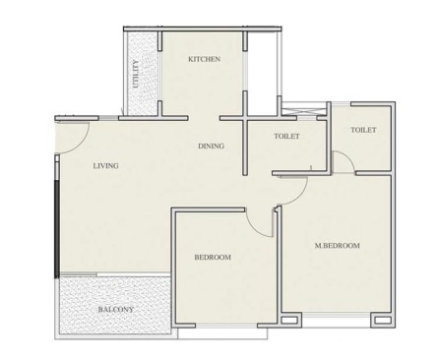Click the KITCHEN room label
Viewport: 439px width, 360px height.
(204, 60)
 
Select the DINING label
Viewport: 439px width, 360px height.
(211, 147)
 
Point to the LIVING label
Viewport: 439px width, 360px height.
(105, 166)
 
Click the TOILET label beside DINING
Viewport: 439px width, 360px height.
(286, 137)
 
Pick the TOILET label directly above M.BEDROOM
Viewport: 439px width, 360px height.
(363, 130)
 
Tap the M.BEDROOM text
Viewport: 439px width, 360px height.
(337, 245)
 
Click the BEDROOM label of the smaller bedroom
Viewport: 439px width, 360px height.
(212, 258)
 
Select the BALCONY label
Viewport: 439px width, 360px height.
(115, 311)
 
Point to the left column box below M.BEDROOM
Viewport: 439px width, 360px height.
(288, 320)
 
